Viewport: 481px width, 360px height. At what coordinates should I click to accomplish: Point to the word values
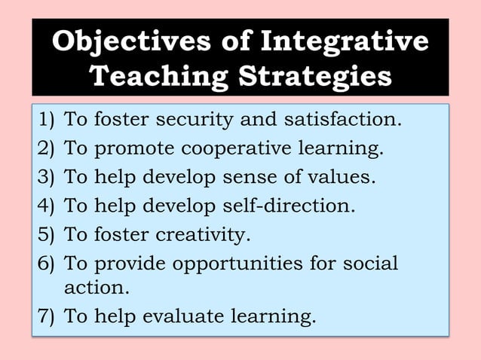pyautogui.click(x=339, y=178)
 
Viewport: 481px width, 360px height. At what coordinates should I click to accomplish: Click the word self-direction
pyautogui.click(x=290, y=206)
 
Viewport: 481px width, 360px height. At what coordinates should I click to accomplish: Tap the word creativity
pyautogui.click(x=202, y=235)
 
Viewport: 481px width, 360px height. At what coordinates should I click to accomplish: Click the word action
pyautogui.click(x=97, y=288)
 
